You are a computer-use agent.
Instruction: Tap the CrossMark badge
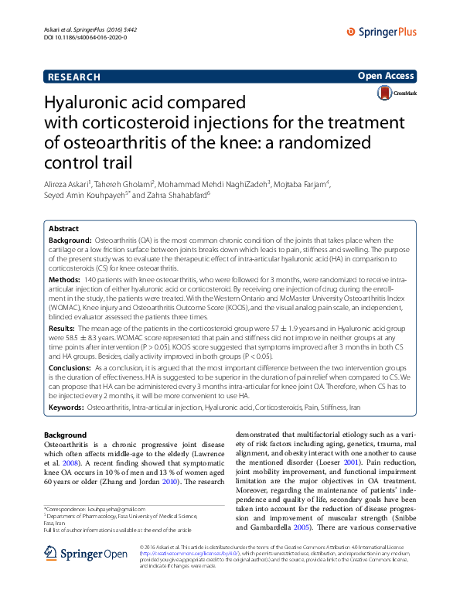pyautogui.click(x=396, y=94)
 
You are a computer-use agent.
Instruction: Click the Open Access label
pyautogui.click(x=386, y=76)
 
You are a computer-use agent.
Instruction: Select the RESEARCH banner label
pyautogui.click(x=74, y=77)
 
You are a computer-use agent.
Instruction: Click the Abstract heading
pyautogui.click(x=63, y=230)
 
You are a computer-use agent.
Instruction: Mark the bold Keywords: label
pyautogui.click(x=66, y=407)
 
